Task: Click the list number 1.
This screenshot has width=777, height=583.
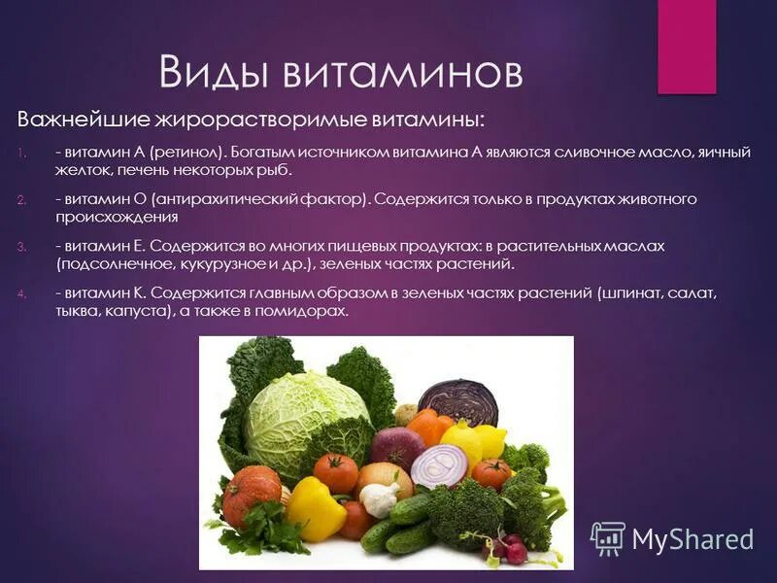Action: click(21, 153)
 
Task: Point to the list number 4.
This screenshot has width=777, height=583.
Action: click(21, 293)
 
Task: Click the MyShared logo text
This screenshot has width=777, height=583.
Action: click(692, 539)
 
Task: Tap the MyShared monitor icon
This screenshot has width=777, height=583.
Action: click(607, 538)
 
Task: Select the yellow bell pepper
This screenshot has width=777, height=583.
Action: click(315, 507)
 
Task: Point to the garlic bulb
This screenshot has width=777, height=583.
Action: click(380, 498)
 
